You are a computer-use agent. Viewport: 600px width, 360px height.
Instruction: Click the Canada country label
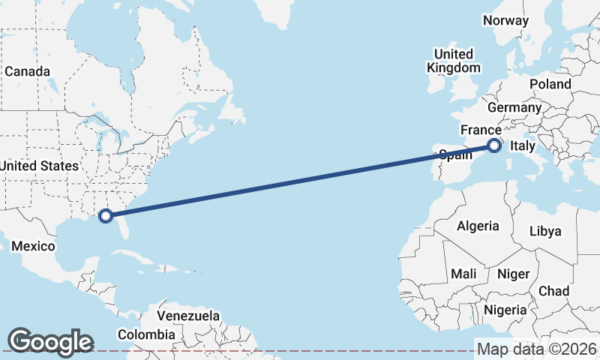point(27,71)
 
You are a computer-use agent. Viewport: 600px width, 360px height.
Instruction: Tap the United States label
point(38,166)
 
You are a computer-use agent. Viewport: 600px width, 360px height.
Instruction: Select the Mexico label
point(33,246)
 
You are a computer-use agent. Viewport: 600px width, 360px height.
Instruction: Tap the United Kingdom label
point(454,61)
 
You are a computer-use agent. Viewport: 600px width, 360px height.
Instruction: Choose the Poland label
point(550,84)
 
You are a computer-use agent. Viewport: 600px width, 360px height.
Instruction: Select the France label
point(480,130)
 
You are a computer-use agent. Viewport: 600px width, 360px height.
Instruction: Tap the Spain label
point(455,155)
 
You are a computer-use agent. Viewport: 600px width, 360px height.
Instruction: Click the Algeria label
point(478,226)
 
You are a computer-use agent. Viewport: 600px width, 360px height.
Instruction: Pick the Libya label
point(545,231)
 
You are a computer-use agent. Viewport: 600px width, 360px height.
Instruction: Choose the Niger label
point(513,274)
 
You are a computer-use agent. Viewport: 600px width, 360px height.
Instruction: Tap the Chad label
point(553,291)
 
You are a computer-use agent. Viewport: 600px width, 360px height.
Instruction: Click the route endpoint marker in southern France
point(494,145)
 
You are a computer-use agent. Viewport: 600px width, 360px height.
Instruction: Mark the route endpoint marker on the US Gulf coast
point(106,215)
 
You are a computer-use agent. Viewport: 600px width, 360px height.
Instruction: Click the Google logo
point(50,341)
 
